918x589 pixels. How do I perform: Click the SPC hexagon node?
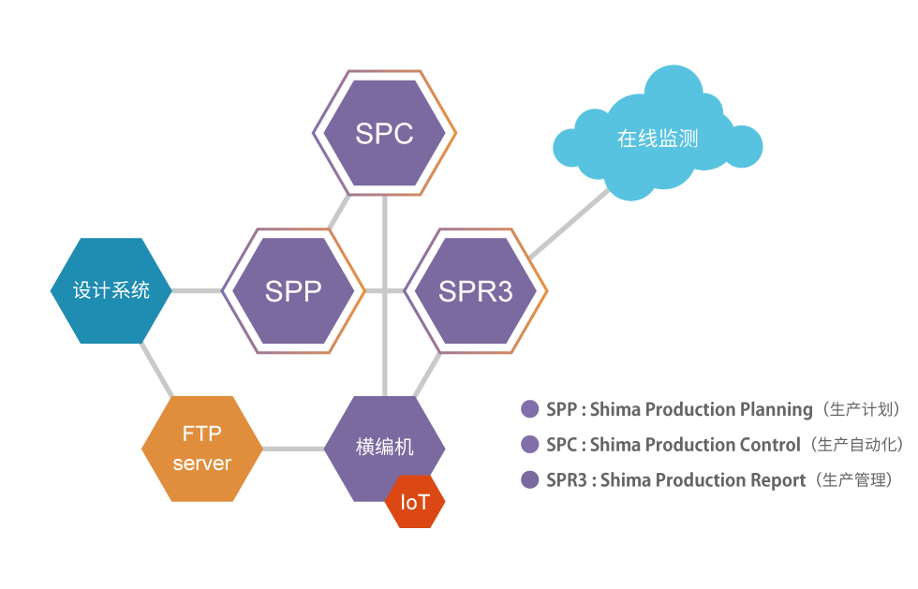coord(384,133)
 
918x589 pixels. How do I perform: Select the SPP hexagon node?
coord(293,290)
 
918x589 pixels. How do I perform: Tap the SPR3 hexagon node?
coord(476,290)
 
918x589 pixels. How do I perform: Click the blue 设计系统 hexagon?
coord(111,290)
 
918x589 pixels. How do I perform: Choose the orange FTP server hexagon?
coord(201,449)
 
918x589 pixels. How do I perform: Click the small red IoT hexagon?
coord(415,502)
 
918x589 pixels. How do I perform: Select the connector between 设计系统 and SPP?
coord(197,290)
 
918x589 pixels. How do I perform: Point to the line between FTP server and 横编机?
coord(292,449)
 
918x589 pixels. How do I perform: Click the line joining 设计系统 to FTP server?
coord(156,370)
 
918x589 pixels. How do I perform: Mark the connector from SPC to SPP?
coord(340,212)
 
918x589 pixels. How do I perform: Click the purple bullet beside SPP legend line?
coord(530,409)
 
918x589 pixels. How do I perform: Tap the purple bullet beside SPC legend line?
coord(530,445)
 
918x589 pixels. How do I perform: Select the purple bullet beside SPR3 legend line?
coord(530,480)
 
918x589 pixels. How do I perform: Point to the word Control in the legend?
coord(770,445)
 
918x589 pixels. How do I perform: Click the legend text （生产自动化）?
coord(856,445)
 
